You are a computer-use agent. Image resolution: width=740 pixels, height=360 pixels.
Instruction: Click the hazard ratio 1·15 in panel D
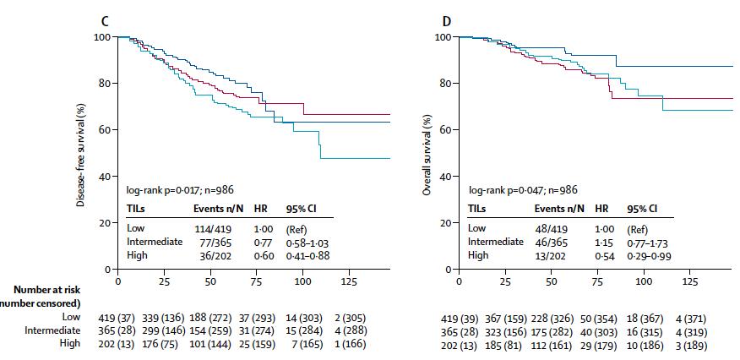601,242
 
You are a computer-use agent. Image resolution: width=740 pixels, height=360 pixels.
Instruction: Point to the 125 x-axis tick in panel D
690,281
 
